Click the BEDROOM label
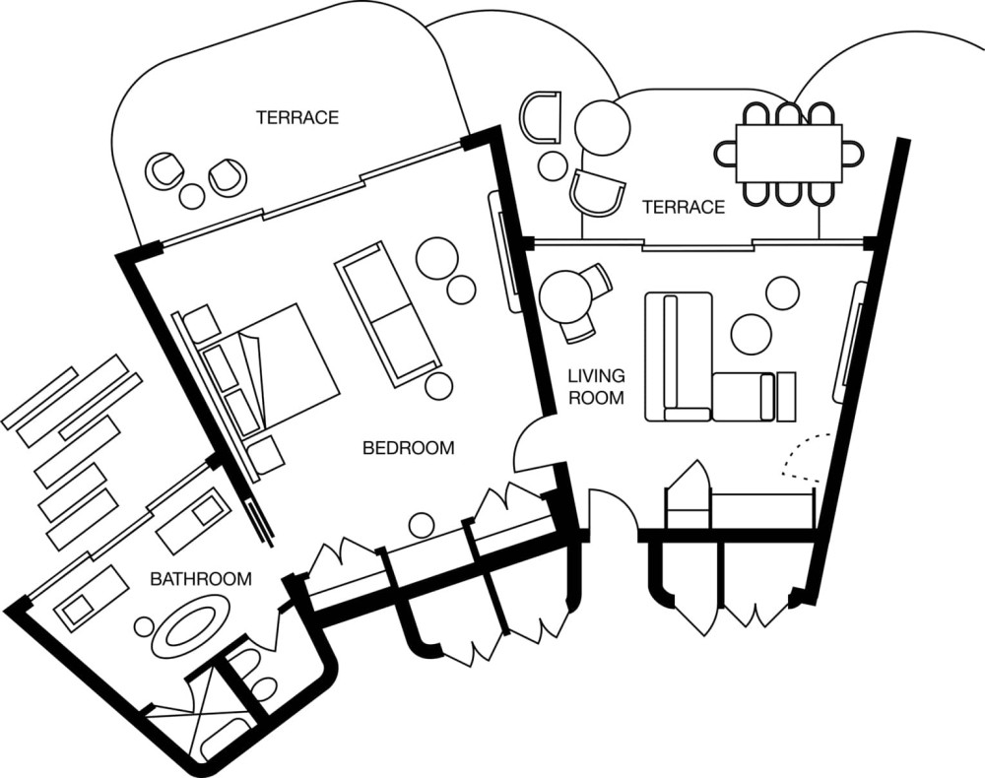click(x=409, y=448)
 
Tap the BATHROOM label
click(x=201, y=578)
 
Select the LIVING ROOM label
click(x=596, y=386)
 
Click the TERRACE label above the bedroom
click(x=297, y=117)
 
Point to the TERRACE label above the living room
click(x=684, y=207)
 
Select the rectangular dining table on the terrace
click(x=788, y=154)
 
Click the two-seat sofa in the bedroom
click(x=387, y=314)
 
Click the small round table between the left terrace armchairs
click(x=192, y=197)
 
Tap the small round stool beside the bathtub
click(x=145, y=626)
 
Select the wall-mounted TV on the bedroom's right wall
click(x=504, y=251)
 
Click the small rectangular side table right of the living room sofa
click(x=786, y=397)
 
